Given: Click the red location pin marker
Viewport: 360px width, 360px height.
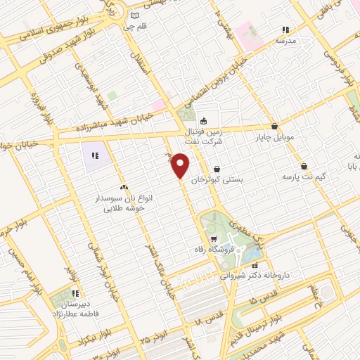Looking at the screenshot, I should [x=181, y=166].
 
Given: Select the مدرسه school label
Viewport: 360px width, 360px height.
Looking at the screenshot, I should [x=285, y=41].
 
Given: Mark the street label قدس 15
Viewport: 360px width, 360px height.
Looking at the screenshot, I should [x=246, y=301].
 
